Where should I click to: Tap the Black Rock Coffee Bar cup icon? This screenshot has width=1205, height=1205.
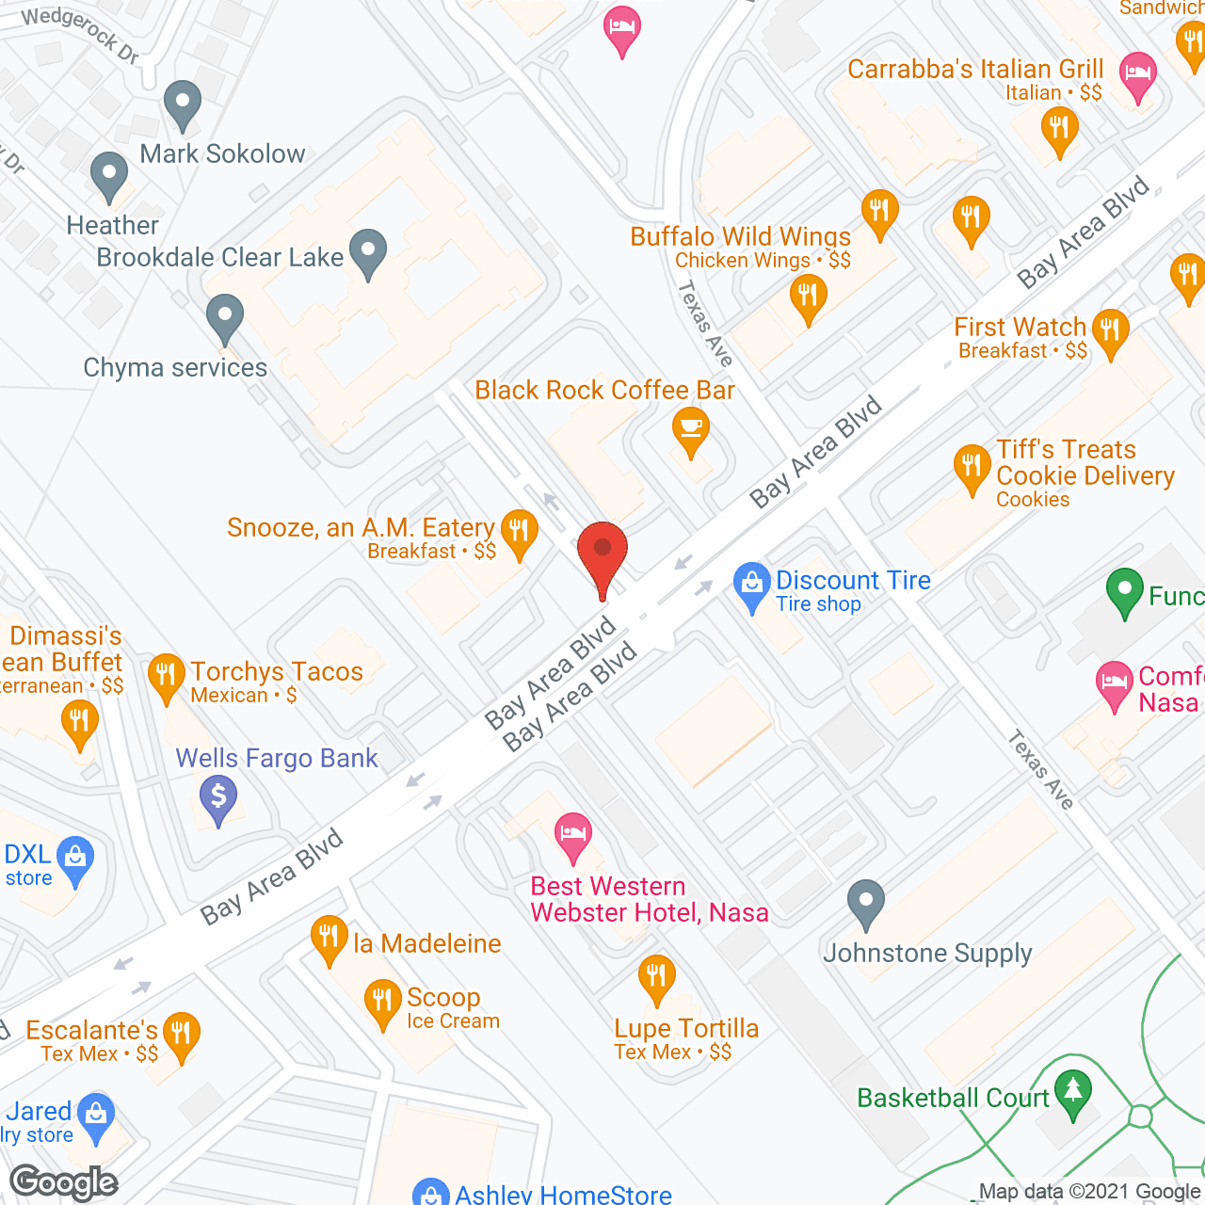click(691, 429)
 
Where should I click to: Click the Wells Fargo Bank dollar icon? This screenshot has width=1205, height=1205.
click(218, 797)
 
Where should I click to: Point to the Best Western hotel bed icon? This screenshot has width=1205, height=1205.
click(572, 834)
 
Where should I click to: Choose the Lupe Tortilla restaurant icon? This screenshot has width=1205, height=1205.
click(656, 976)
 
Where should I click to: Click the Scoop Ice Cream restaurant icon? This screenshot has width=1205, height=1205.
click(382, 1001)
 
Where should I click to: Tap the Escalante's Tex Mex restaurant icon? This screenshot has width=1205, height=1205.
click(181, 1034)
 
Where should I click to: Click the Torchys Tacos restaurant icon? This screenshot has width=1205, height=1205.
click(167, 675)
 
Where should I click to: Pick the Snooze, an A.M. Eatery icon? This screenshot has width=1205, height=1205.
click(519, 531)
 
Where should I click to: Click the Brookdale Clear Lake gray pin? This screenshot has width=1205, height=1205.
click(368, 251)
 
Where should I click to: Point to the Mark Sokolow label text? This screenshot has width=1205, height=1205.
click(222, 153)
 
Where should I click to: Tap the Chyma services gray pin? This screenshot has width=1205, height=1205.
click(224, 316)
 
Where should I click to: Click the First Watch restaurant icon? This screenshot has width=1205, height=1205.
click(1111, 330)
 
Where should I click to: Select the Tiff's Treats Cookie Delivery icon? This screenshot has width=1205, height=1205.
click(972, 466)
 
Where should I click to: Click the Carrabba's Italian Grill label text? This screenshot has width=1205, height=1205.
click(975, 70)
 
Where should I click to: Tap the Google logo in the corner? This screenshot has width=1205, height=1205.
click(64, 1182)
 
